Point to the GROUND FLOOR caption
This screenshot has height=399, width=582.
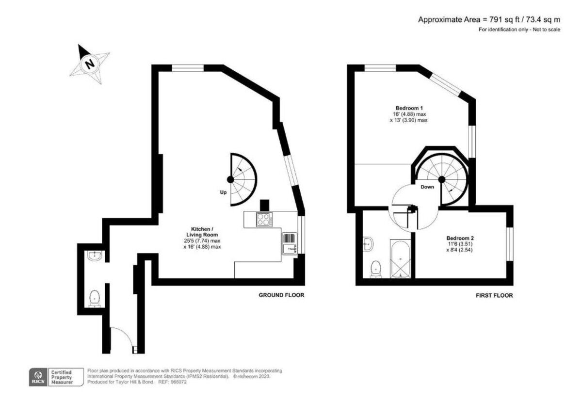[x=281, y=295]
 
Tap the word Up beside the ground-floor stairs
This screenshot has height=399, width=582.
[x=224, y=192]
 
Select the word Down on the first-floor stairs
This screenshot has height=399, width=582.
[x=427, y=187]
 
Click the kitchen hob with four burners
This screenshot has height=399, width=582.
[x=264, y=220]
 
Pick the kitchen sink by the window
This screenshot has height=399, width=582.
[x=289, y=249]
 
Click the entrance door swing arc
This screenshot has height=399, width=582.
[x=121, y=337]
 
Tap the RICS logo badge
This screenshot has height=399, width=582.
[x=38, y=376]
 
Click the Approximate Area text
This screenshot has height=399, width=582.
[x=489, y=20]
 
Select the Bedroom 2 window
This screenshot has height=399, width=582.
[x=509, y=243]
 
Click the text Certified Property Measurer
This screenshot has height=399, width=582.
[x=62, y=377]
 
